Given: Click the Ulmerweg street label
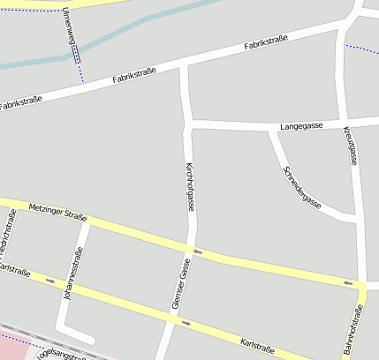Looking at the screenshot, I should click(x=71, y=32).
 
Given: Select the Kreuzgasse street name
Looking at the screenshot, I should click(x=352, y=146).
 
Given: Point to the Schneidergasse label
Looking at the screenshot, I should click(x=301, y=186).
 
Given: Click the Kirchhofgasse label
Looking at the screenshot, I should click(x=189, y=186).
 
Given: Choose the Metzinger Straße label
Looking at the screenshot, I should click(x=57, y=213).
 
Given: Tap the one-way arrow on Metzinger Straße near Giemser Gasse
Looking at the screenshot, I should click(x=198, y=251).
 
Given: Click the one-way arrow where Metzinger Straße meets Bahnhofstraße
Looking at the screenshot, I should click(x=348, y=283).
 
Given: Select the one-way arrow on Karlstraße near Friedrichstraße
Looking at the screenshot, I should click(x=50, y=281).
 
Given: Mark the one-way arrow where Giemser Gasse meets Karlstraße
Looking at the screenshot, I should click(x=186, y=322).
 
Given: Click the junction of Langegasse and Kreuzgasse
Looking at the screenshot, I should click(x=341, y=124).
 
